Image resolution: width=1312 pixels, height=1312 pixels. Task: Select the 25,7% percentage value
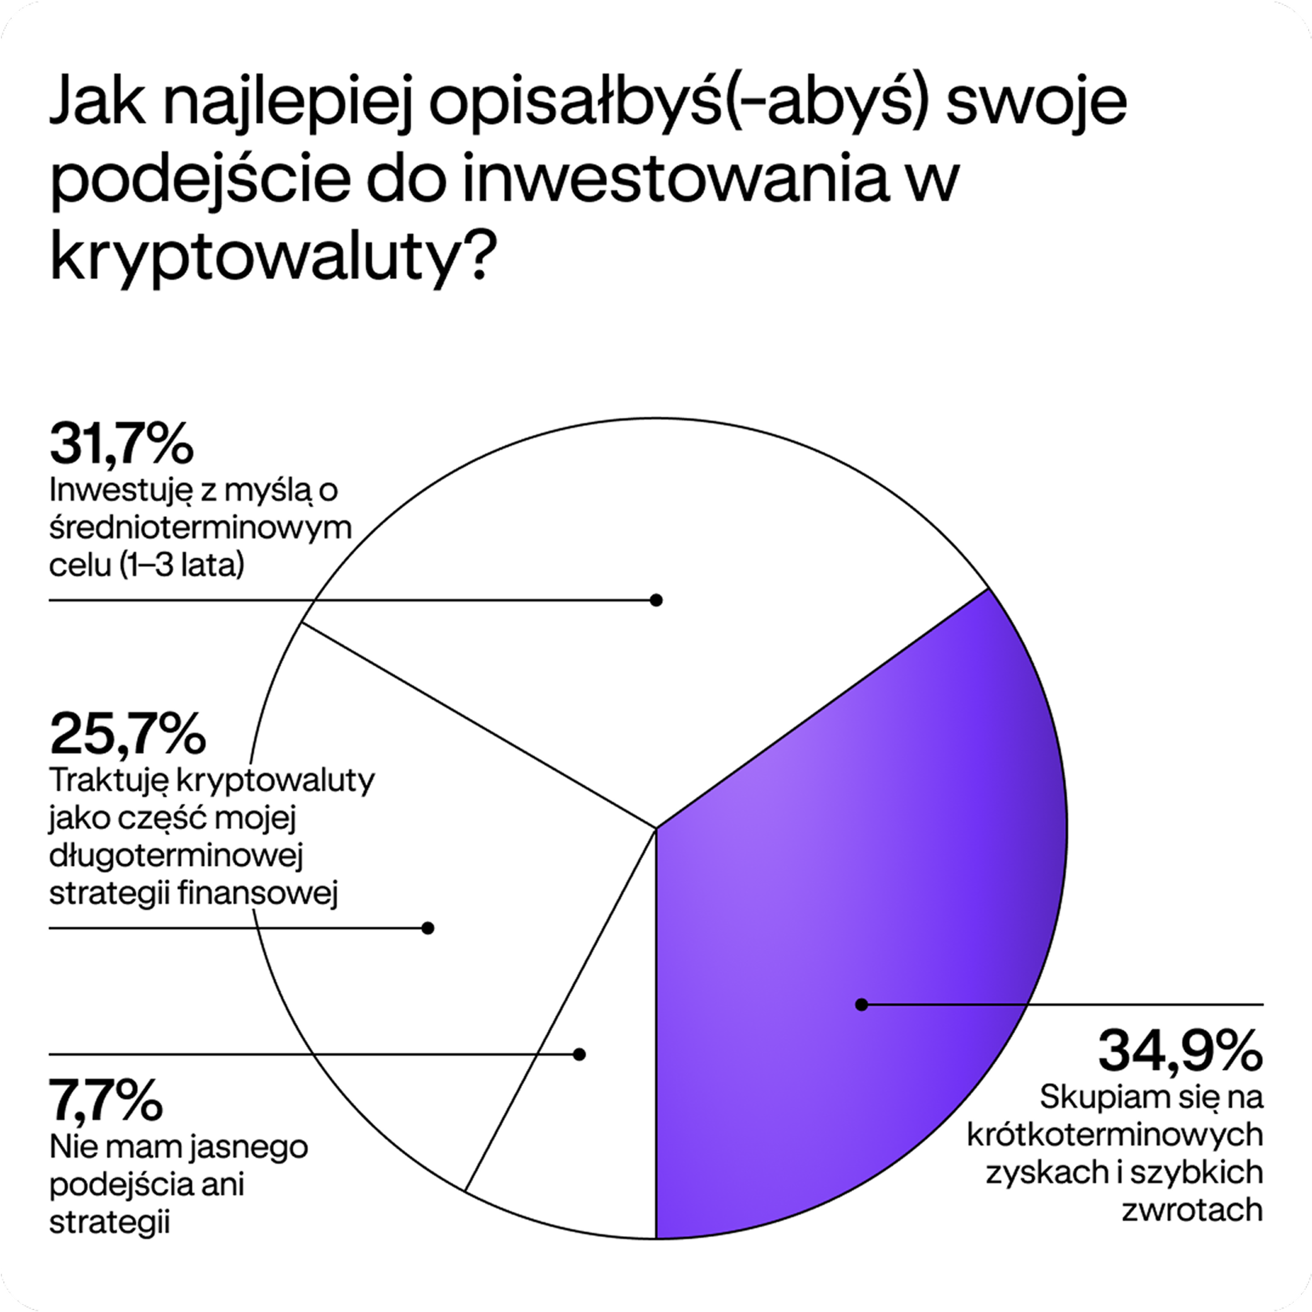point(128,735)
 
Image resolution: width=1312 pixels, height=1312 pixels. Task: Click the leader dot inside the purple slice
point(861,1004)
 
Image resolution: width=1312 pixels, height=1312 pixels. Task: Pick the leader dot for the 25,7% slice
point(427,928)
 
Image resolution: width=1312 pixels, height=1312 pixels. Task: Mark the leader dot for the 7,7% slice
point(579,1054)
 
